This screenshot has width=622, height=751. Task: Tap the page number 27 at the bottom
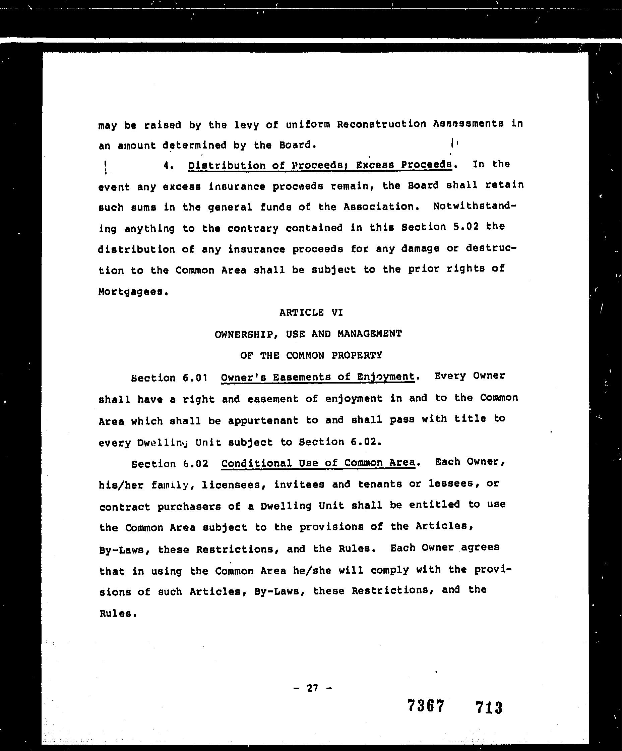[312, 688]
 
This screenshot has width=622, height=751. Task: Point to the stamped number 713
[489, 707]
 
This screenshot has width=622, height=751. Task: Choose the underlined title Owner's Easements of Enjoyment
[318, 377]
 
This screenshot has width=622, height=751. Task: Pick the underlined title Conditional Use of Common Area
[318, 463]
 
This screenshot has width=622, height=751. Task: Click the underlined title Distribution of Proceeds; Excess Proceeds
[320, 165]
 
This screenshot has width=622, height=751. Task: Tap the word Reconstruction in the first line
[381, 124]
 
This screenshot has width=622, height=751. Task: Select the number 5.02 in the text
[465, 227]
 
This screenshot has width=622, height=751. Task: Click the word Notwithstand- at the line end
[475, 206]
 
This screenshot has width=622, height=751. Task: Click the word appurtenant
[263, 420]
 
